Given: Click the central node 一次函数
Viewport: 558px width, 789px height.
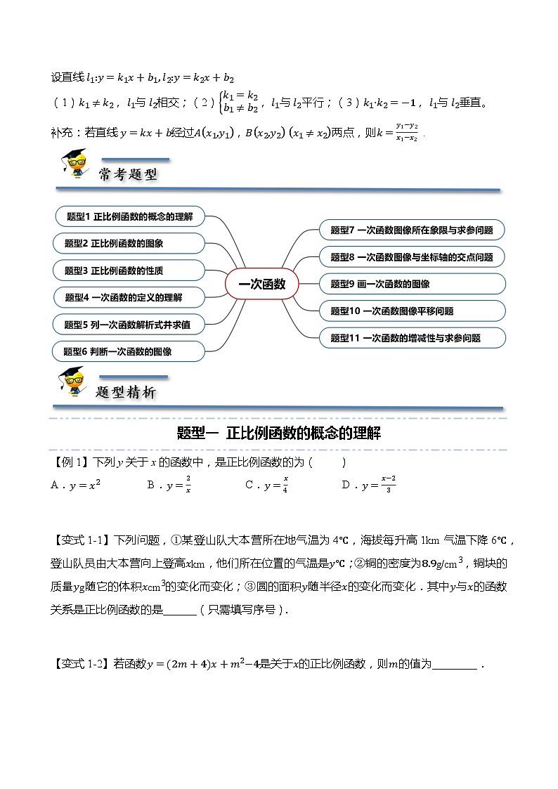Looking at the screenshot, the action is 262,284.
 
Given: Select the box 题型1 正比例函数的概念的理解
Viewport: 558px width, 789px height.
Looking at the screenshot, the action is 129,216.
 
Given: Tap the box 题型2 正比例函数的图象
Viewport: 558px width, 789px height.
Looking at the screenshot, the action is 129,243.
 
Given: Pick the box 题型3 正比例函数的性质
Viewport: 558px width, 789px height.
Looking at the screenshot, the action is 129,270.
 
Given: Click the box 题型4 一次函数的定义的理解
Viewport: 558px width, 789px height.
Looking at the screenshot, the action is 129,297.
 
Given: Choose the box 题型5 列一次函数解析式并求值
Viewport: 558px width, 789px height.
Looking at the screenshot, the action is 129,325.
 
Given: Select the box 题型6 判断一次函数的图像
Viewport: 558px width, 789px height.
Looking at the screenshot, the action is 129,351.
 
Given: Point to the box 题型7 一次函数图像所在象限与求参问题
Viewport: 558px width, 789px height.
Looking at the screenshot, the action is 412,230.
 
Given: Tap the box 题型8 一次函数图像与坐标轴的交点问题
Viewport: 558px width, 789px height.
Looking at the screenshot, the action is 412,257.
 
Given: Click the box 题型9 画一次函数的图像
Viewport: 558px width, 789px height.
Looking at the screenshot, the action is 412,284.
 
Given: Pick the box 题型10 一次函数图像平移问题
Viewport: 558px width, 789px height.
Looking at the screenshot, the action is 412,311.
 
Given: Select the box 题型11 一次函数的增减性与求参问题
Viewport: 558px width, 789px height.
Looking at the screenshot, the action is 412,338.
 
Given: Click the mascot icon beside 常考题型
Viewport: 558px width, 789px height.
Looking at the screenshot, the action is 74,166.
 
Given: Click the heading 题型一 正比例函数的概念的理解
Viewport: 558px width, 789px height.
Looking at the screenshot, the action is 279,433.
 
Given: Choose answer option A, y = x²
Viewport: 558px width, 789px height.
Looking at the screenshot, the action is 76,485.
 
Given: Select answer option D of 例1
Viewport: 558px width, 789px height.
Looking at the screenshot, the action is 369,485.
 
